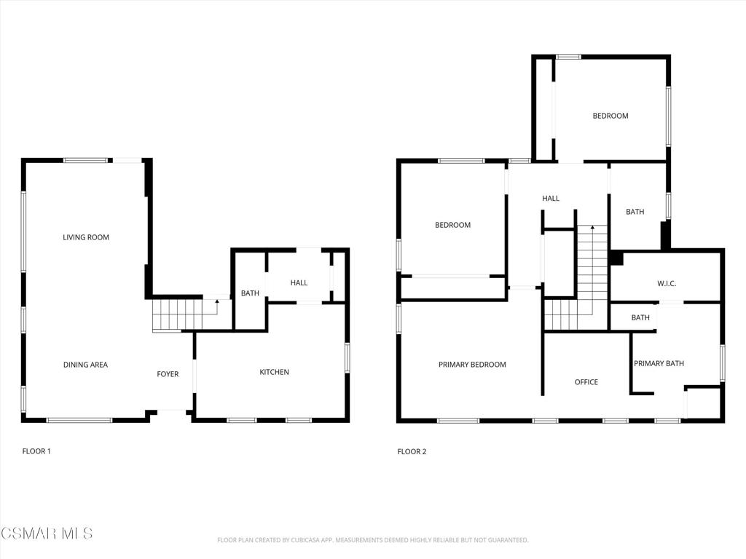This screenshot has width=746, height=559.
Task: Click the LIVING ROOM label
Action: click(86, 237)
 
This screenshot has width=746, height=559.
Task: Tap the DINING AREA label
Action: click(85, 365)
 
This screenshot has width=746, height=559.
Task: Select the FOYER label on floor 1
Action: click(168, 374)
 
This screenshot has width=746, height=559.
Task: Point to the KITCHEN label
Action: click(275, 372)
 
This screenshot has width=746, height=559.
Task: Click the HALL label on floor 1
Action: click(299, 283)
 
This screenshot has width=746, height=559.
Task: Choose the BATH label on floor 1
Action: click(250, 293)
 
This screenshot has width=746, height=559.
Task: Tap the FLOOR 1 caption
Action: click(36, 451)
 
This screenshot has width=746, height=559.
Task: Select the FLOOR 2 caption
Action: click(412, 451)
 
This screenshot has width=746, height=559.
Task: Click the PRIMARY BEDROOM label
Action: click(472, 365)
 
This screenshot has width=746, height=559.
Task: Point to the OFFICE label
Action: click(586, 382)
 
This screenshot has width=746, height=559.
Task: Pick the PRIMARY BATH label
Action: click(659, 364)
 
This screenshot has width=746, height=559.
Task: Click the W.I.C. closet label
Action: click(667, 283)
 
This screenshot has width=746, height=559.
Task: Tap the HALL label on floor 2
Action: click(551, 199)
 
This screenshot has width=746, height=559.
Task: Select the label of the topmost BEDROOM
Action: click(610, 116)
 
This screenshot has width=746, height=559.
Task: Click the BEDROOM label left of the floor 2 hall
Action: click(452, 225)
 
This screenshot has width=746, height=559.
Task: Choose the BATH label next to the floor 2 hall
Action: click(635, 212)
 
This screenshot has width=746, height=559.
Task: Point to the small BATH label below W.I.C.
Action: click(640, 317)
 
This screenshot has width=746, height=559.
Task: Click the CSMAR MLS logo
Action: click(47, 534)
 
